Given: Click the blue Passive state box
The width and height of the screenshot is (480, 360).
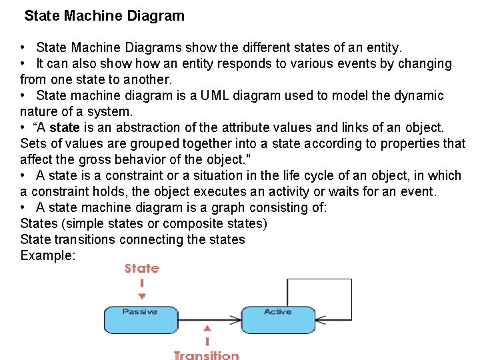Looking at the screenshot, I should pyautogui.click(x=140, y=319).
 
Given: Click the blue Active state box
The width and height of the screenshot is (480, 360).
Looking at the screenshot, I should pyautogui.click(x=278, y=319).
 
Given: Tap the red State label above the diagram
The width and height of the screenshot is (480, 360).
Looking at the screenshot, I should pyautogui.click(x=141, y=269).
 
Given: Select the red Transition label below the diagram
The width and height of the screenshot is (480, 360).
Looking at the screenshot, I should pyautogui.click(x=207, y=355).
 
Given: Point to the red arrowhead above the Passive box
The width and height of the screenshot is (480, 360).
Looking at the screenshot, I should pyautogui.click(x=141, y=296).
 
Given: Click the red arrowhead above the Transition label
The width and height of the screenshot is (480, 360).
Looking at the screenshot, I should pyautogui.click(x=208, y=329).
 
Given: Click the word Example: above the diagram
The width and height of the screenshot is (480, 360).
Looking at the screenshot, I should pyautogui.click(x=48, y=255).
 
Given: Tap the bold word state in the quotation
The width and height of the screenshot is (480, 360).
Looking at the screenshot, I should pyautogui.click(x=64, y=127).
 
